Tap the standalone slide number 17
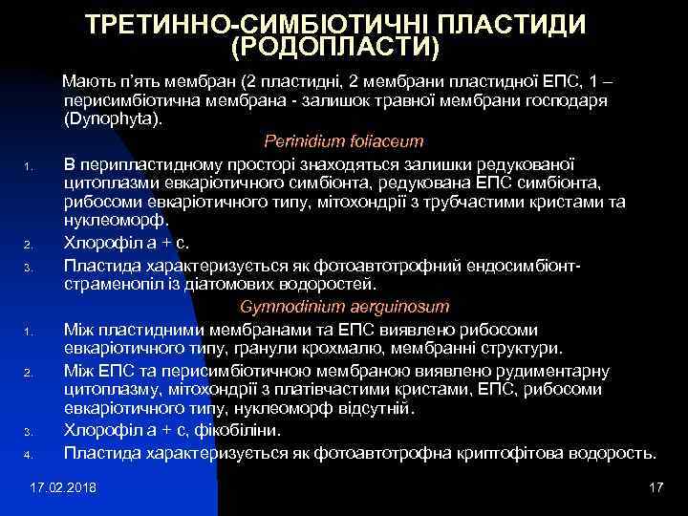[x=655, y=487]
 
